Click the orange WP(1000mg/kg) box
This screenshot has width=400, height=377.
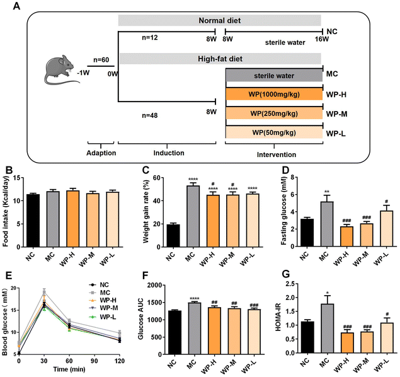pyautogui.click(x=273, y=94)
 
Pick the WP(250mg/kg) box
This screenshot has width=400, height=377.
pyautogui.click(x=273, y=113)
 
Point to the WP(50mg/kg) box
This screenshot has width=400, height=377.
pyautogui.click(x=273, y=132)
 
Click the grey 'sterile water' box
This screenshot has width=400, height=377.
pyautogui.click(x=273, y=75)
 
